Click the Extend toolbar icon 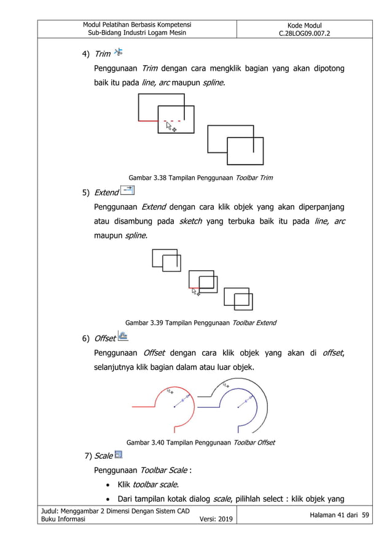[x=128, y=191]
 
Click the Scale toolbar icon [x=118, y=455]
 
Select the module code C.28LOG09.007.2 [x=304, y=33]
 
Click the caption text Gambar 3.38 [x=150, y=178]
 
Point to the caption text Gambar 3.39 [x=147, y=322]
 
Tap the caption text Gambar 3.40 [x=148, y=442]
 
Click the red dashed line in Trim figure [x=173, y=121]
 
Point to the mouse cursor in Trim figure [x=171, y=127]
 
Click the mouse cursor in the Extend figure [x=195, y=292]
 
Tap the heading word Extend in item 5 [x=106, y=193]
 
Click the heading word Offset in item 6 [x=104, y=338]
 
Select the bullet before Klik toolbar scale [x=108, y=484]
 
